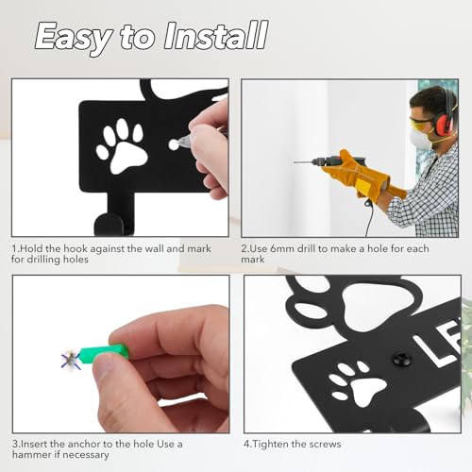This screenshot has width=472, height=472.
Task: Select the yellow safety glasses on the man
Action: (421, 122)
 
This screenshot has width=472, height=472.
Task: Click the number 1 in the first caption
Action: (15, 248)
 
